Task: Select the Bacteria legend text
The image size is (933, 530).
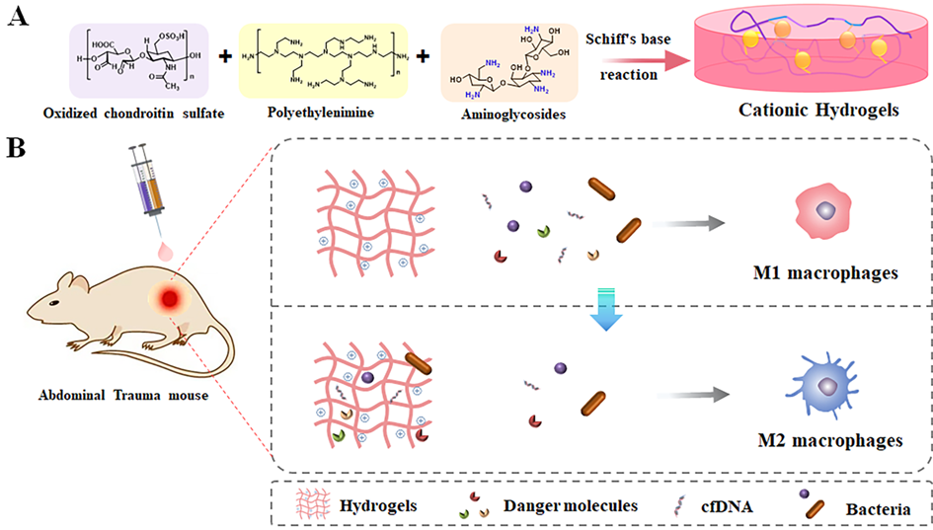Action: point(876,509)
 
